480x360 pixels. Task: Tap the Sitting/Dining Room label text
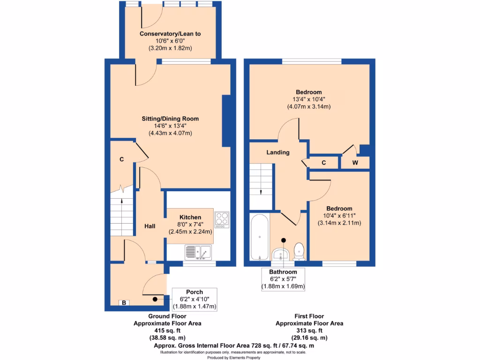[170, 119]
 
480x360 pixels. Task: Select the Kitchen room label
[190, 217]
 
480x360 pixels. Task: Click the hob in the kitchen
[221, 219]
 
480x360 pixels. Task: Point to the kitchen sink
[199, 252]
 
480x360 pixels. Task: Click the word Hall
[150, 226]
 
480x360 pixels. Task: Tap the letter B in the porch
[124, 303]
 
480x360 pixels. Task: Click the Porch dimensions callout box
[195, 299]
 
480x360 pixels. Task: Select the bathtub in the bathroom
[259, 237]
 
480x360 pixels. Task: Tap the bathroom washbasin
[282, 254]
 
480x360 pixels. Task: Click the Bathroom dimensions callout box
[283, 279]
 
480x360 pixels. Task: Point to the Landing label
[278, 152]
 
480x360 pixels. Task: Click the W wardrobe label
[355, 163]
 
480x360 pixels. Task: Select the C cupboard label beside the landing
[324, 163]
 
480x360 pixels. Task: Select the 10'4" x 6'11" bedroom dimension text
[339, 216]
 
